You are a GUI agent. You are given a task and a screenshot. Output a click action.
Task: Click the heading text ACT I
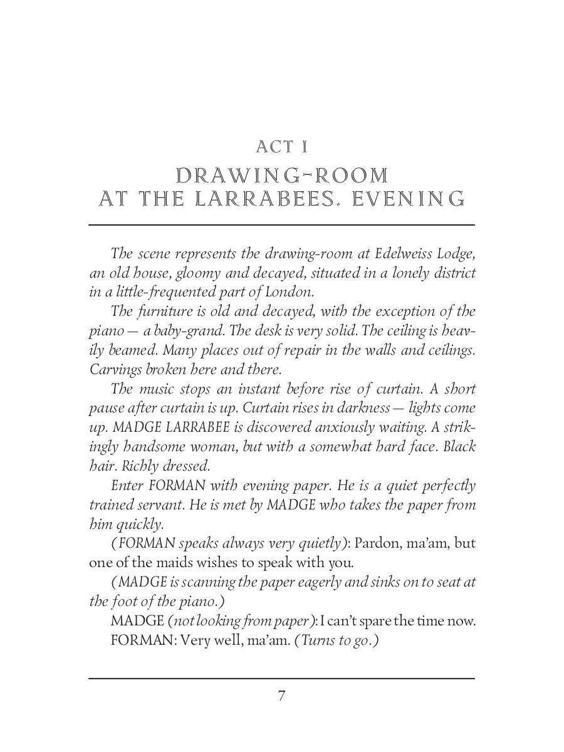281,147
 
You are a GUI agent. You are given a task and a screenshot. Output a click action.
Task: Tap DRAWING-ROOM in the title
282,175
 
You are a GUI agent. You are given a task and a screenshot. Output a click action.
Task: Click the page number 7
281,696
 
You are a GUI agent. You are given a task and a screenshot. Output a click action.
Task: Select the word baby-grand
180,330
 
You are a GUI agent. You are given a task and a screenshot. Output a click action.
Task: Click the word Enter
127,486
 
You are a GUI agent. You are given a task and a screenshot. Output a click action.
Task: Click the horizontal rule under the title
281,224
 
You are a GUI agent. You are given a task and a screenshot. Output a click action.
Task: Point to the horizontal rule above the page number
281,678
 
